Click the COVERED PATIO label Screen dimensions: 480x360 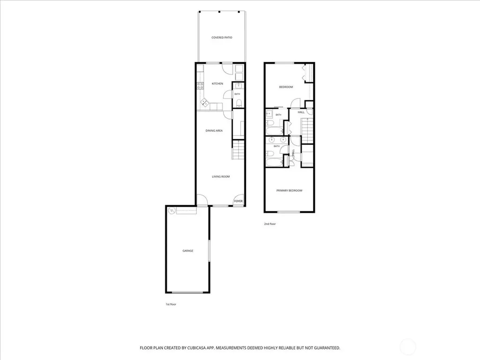(x=222, y=37)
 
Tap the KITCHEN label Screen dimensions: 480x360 (x=217, y=83)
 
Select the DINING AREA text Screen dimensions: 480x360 (x=214, y=131)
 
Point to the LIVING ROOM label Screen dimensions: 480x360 (x=221, y=177)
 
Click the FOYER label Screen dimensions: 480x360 (x=238, y=201)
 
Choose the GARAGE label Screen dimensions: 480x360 (x=187, y=251)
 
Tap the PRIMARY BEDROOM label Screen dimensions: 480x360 (x=289, y=190)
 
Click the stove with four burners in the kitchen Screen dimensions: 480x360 (x=200, y=86)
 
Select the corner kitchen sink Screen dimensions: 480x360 (x=204, y=102)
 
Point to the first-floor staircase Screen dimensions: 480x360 (x=238, y=150)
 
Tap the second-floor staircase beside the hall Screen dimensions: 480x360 (x=307, y=130)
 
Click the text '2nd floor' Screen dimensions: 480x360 (x=270, y=224)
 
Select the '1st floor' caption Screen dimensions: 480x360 (x=171, y=304)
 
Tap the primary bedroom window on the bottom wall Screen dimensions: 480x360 (x=289, y=212)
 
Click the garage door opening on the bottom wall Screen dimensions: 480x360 (x=187, y=292)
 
